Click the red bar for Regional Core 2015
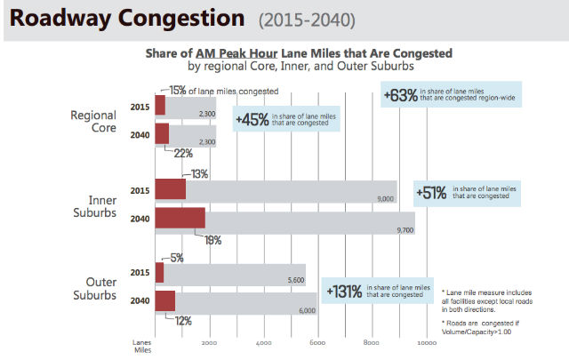tap(160, 105)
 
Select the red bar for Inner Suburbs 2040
tap(180, 219)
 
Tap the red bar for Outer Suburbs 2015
tap(159, 272)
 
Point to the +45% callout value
tap(253, 120)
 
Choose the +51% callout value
tap(433, 192)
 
